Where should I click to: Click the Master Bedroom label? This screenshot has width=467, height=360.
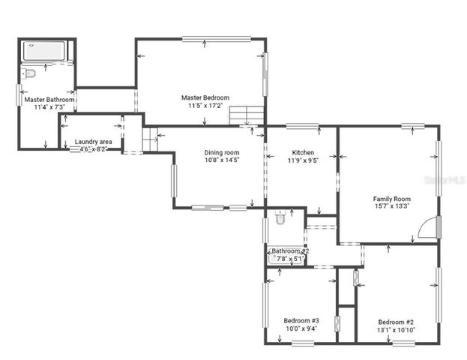click(205, 97)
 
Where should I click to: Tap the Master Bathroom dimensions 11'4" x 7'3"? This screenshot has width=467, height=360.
click(49, 107)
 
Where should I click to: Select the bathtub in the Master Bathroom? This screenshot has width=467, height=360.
click(45, 51)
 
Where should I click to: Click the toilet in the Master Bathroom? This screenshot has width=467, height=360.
click(28, 73)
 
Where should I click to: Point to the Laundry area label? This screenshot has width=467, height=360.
click(94, 141)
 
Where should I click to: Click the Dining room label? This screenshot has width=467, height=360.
click(222, 153)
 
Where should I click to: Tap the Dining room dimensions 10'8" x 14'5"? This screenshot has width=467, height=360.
click(222, 160)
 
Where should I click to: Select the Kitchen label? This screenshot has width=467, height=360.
click(303, 152)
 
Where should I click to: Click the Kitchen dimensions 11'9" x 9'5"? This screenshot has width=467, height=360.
click(303, 160)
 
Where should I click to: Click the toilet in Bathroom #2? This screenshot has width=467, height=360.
click(280, 218)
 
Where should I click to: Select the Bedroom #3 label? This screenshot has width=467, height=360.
click(301, 320)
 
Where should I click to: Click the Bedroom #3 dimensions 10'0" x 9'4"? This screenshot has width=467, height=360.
click(301, 328)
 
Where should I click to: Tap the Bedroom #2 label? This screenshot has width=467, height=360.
click(396, 321)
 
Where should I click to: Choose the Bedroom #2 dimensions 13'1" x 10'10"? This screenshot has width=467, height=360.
click(396, 328)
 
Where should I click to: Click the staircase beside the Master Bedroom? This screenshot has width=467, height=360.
click(247, 116)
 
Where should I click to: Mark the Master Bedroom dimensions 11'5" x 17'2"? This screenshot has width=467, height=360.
click(205, 106)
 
